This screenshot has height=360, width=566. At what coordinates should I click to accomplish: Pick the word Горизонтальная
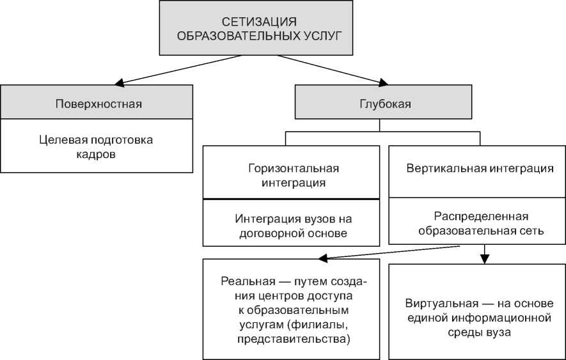click(x=293, y=169)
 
